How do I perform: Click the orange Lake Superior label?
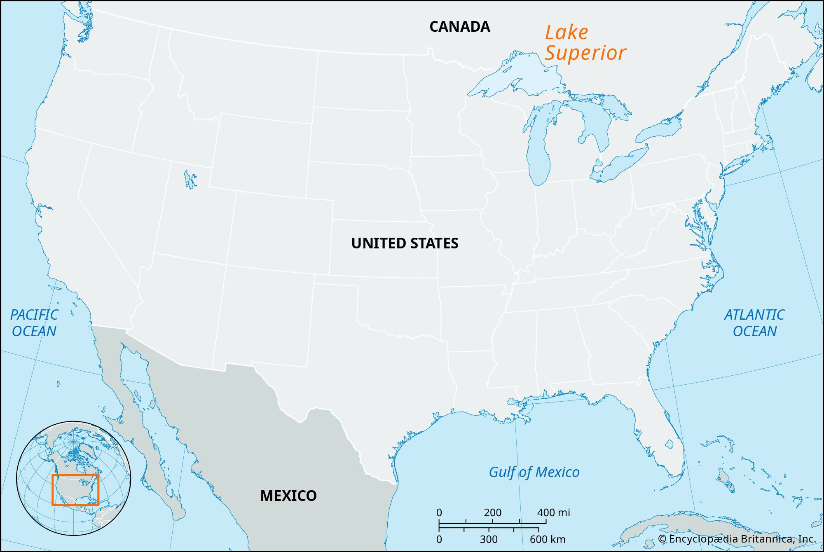(585, 43)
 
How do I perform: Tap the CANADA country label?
(459, 27)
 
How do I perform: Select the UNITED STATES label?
(405, 243)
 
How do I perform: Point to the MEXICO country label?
(288, 496)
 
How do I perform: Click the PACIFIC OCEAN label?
(34, 323)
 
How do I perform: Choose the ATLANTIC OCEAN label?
(754, 323)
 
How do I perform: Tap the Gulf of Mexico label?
(534, 472)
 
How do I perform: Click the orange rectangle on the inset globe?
(75, 475)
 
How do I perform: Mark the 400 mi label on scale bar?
(553, 513)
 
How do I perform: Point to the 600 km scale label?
(548, 539)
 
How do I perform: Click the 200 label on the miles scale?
(493, 513)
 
